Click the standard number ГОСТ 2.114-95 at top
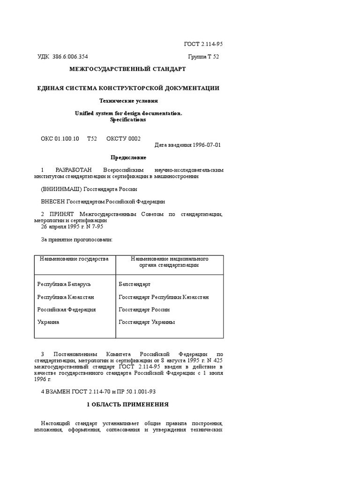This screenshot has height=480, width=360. [x=202, y=44]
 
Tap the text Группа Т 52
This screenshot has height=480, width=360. [x=203, y=57]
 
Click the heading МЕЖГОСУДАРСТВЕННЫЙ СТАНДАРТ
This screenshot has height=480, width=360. [x=127, y=69]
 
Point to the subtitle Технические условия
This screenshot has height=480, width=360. [x=128, y=100]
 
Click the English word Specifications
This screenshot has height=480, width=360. [x=128, y=120]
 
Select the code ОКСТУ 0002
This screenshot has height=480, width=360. [x=123, y=138]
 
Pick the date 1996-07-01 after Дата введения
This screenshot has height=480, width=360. [x=207, y=145]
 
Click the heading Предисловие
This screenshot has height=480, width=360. [x=128, y=157]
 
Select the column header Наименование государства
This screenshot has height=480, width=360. [x=74, y=259]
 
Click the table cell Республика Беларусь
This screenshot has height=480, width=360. [x=64, y=285]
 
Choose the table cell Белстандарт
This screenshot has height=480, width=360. [x=135, y=285]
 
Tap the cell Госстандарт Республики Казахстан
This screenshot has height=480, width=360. [x=164, y=297]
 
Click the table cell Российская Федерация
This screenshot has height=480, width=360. [x=67, y=310]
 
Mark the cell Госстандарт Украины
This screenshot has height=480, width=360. [x=147, y=322]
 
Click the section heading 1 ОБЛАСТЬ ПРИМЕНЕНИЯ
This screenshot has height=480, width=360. [x=127, y=404]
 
